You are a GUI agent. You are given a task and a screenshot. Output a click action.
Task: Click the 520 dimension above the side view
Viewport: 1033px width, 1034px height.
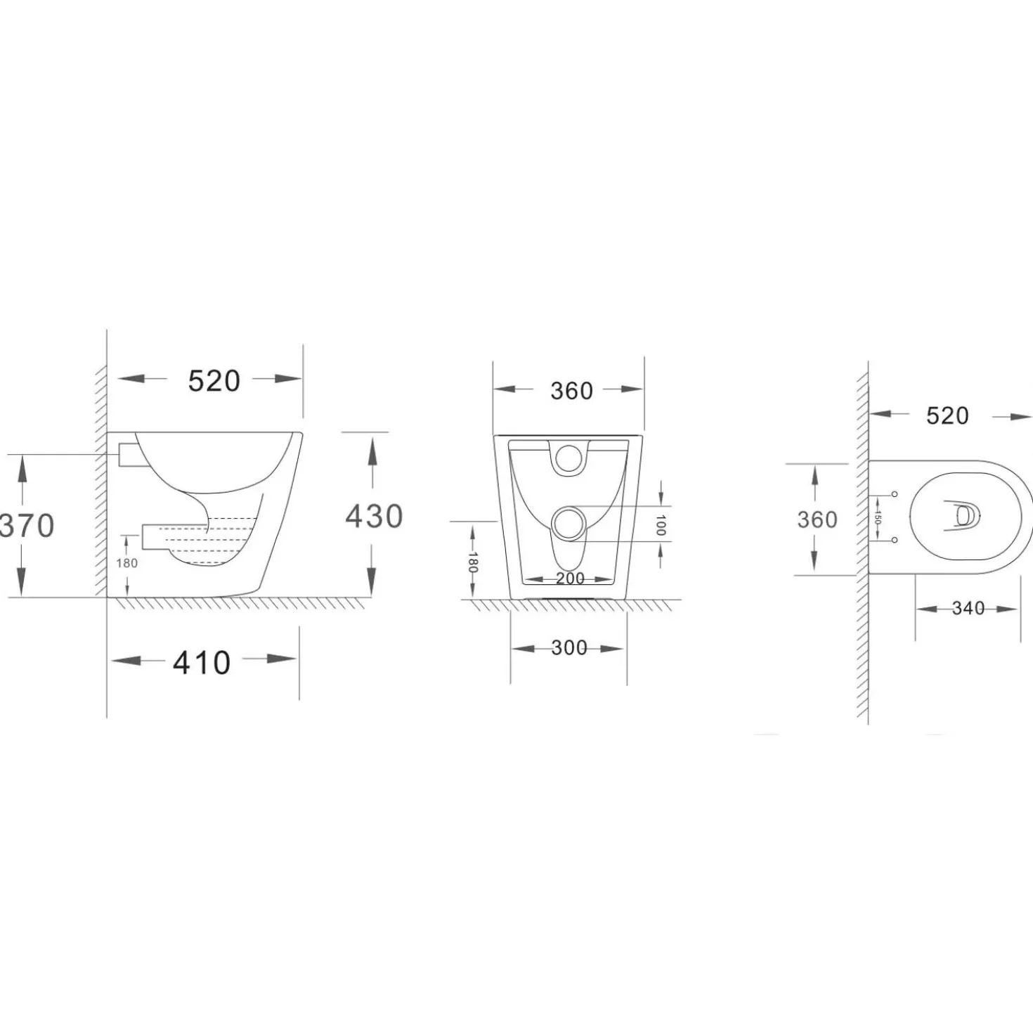pyautogui.click(x=214, y=382)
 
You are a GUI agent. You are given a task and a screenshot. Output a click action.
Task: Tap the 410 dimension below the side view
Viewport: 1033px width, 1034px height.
pyautogui.click(x=202, y=663)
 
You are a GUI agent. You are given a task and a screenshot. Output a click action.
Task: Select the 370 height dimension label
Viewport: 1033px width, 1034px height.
pyautogui.click(x=27, y=526)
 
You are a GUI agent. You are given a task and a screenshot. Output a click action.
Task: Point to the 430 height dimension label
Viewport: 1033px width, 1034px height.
pyautogui.click(x=374, y=517)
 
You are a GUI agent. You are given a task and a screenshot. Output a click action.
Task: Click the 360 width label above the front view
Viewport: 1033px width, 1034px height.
pyautogui.click(x=571, y=391)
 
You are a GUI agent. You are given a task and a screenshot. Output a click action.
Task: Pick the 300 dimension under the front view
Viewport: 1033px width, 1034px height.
pyautogui.click(x=569, y=648)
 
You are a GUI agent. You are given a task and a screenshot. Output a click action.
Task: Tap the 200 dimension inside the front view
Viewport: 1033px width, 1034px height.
pyautogui.click(x=571, y=579)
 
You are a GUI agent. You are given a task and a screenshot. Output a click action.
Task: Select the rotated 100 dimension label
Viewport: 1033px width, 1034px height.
pyautogui.click(x=661, y=525)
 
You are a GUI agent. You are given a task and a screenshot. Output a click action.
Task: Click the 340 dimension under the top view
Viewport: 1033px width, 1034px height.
pyautogui.click(x=968, y=609)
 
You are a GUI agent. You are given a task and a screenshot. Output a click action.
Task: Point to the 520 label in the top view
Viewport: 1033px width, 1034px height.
pyautogui.click(x=948, y=416)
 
